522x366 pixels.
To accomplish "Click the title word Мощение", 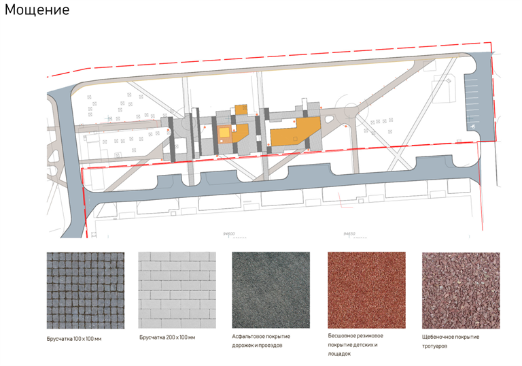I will pyautogui.click(x=37, y=12).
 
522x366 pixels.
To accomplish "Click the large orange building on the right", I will pyautogui.click(x=294, y=132).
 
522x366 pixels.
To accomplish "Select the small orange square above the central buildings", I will pyautogui.click(x=240, y=109).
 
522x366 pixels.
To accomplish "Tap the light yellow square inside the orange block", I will pyautogui.click(x=224, y=132).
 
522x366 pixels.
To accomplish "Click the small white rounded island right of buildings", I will pyautogui.click(x=329, y=120).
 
